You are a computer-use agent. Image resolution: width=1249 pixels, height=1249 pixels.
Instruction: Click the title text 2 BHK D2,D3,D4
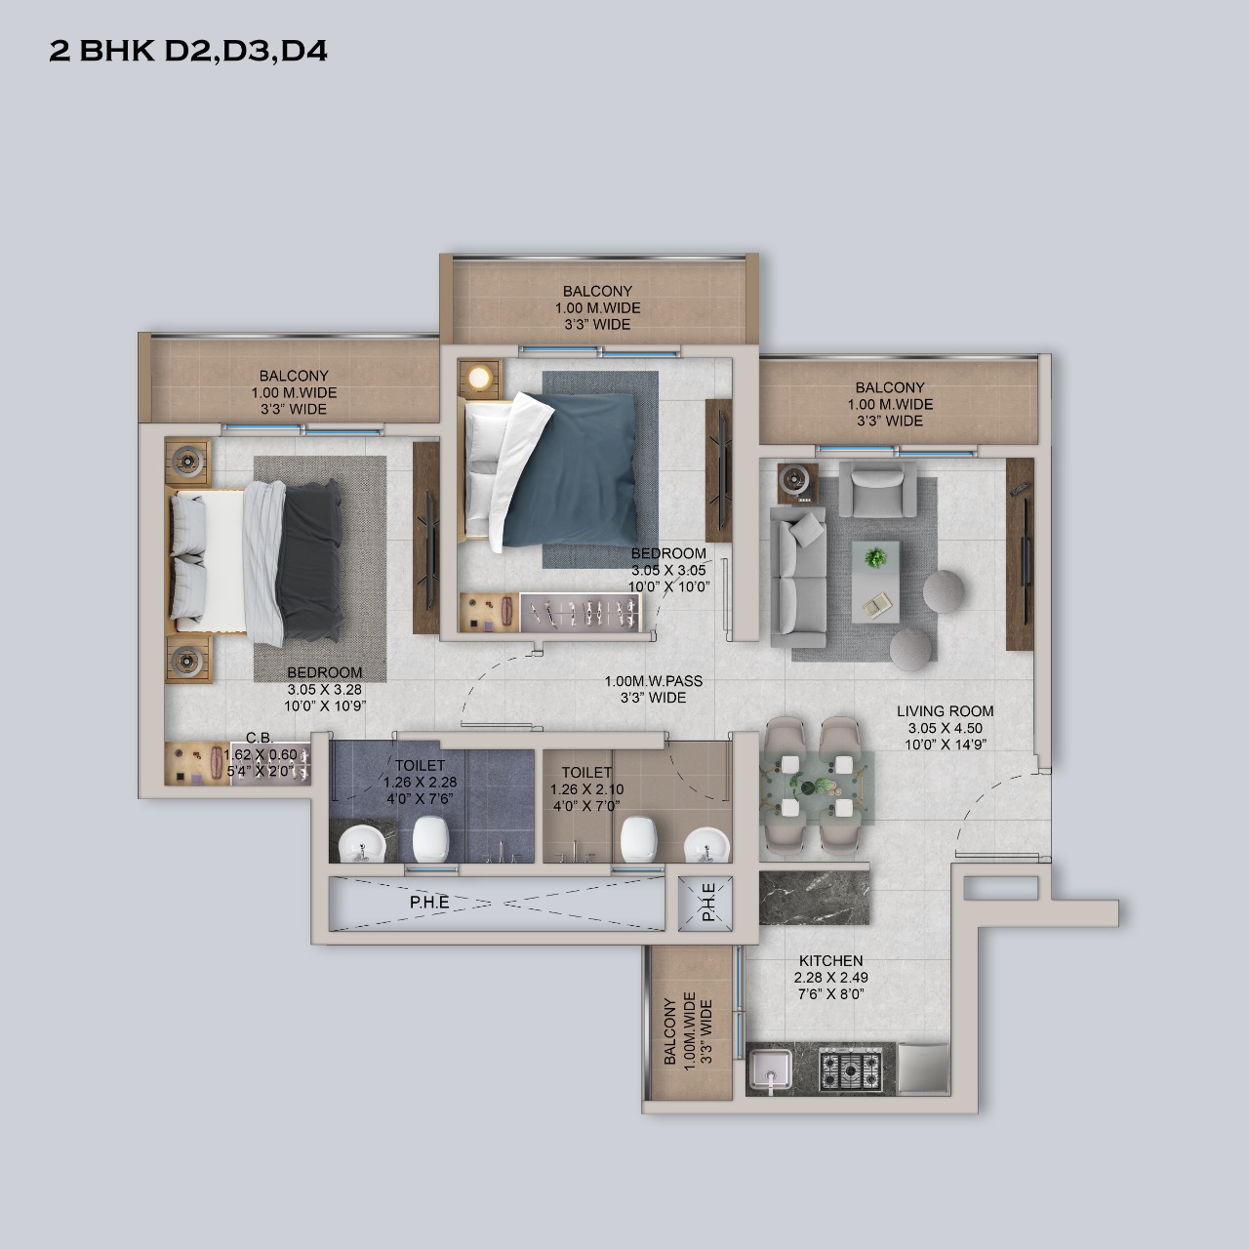pos(188,51)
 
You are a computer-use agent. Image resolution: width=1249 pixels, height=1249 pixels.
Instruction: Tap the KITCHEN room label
pos(831,960)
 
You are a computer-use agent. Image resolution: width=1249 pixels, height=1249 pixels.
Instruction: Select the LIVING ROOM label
pos(945,711)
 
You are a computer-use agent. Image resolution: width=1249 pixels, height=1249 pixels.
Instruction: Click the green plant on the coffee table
pos(875,557)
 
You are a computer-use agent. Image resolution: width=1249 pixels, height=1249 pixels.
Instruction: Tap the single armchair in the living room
pos(877,489)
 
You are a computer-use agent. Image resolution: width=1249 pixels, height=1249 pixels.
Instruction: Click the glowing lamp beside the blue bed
pos(481,379)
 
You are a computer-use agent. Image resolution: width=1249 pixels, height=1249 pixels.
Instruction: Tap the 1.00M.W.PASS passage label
pos(654,681)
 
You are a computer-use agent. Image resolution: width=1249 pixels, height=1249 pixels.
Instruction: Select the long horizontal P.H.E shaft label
pos(429,903)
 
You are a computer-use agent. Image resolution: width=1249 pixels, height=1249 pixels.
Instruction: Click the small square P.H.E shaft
pos(705,905)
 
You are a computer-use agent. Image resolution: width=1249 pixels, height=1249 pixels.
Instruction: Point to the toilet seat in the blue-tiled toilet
pos(431,839)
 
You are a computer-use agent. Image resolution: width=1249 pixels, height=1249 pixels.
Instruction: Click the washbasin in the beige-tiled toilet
pos(706,845)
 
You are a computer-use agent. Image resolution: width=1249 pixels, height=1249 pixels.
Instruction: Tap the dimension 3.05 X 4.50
pos(945,728)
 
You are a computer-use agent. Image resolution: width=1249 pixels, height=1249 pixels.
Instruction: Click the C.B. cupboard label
pos(260,738)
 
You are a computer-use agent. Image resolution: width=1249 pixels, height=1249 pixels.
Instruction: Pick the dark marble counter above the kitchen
pos(814,898)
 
